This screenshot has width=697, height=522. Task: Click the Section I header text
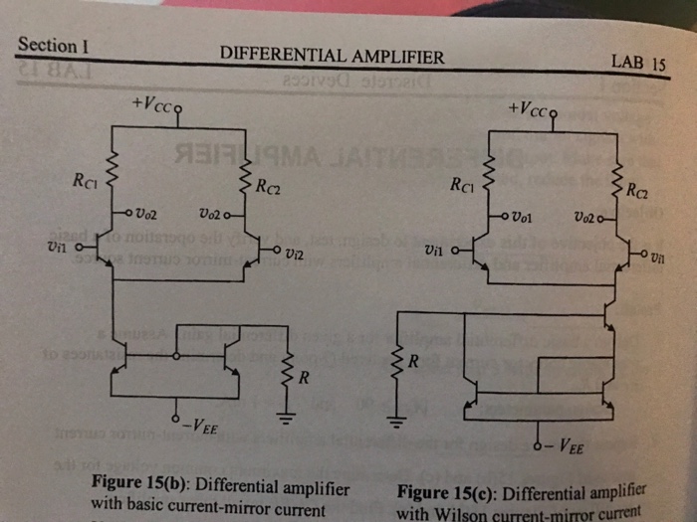pyautogui.click(x=54, y=46)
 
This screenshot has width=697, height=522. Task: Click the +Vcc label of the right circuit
pyautogui.click(x=528, y=108)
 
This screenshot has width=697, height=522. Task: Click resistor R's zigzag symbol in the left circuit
pyautogui.click(x=290, y=370)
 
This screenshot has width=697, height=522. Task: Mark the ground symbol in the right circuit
pyautogui.click(x=397, y=424)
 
